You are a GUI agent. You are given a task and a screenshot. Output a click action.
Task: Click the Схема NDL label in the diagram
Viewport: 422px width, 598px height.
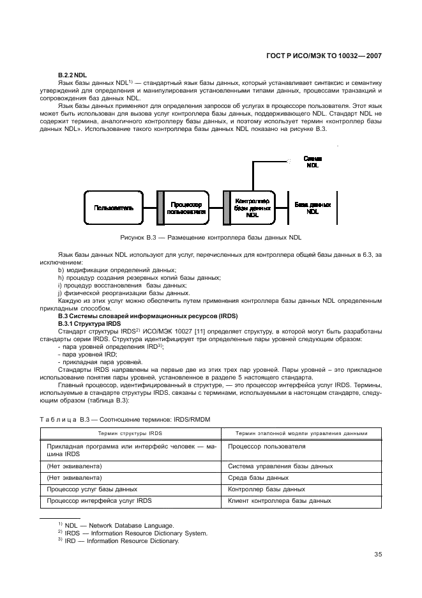(312, 161)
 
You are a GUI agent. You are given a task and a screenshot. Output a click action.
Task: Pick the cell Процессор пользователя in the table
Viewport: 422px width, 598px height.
(266, 447)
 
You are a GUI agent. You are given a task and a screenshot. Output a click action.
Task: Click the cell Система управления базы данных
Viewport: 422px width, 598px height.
(280, 466)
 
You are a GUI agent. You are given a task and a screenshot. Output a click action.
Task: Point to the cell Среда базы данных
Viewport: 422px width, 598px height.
(258, 477)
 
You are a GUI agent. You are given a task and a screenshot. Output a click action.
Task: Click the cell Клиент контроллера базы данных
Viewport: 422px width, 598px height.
(279, 501)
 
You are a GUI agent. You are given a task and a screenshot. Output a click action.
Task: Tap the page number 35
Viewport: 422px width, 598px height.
(378, 554)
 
